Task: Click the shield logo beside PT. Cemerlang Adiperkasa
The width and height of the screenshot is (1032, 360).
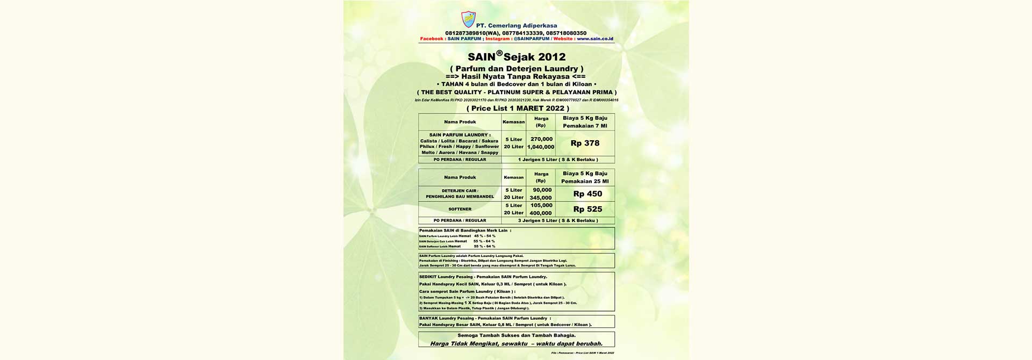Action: coord(468,20)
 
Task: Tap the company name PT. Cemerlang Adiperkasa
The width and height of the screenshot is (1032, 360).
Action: coord(516,26)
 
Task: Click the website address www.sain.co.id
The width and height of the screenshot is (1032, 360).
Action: coord(594,39)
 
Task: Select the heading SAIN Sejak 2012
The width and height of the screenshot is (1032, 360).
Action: coord(516,56)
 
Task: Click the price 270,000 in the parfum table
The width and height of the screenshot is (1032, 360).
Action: coord(541,139)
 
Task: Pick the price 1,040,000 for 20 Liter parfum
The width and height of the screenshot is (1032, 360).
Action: coord(541,147)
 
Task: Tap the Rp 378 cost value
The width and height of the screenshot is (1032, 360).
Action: coord(585,143)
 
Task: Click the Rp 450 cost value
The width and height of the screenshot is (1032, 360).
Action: coord(587,194)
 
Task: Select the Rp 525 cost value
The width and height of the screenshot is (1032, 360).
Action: coord(587,209)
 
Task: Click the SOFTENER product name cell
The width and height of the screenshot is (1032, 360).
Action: coord(460,209)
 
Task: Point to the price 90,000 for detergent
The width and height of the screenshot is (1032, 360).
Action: coord(542,190)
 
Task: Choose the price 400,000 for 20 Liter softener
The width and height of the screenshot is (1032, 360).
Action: coord(541,213)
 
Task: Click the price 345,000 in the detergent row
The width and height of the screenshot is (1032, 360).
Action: coord(541,198)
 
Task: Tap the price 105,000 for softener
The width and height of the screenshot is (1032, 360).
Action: coord(541,205)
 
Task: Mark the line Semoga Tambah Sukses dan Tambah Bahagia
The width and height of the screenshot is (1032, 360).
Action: coord(516,335)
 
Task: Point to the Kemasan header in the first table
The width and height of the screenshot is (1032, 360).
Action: coord(513,122)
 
